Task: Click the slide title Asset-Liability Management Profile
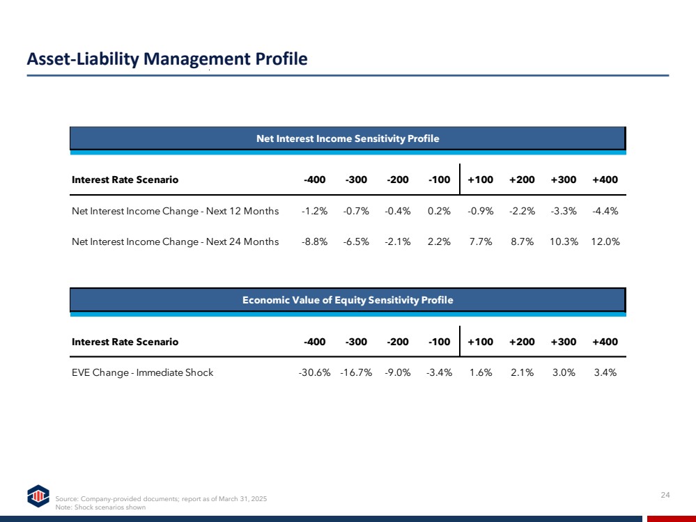pyautogui.click(x=167, y=59)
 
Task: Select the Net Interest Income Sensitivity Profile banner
pyautogui.click(x=348, y=139)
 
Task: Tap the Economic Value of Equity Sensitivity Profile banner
pyautogui.click(x=348, y=300)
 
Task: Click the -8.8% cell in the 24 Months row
pyautogui.click(x=314, y=242)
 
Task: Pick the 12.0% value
pyautogui.click(x=605, y=242)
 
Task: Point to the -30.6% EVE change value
pyautogui.click(x=314, y=372)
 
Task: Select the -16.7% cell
pyautogui.click(x=356, y=372)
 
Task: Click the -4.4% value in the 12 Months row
pyautogui.click(x=605, y=211)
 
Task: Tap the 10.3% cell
pyautogui.click(x=564, y=242)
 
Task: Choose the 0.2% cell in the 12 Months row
pyautogui.click(x=439, y=211)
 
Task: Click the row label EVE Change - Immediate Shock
pyautogui.click(x=143, y=372)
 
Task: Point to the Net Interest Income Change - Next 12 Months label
pyautogui.click(x=176, y=211)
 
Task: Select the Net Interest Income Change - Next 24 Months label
pyautogui.click(x=176, y=242)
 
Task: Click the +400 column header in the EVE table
pyautogui.click(x=605, y=342)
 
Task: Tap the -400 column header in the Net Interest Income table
pyautogui.click(x=314, y=180)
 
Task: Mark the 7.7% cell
pyautogui.click(x=480, y=242)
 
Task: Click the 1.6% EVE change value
pyautogui.click(x=480, y=372)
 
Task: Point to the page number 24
pyautogui.click(x=665, y=495)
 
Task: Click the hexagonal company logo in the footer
pyautogui.click(x=38, y=496)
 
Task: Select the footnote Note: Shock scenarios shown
pyautogui.click(x=100, y=507)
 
